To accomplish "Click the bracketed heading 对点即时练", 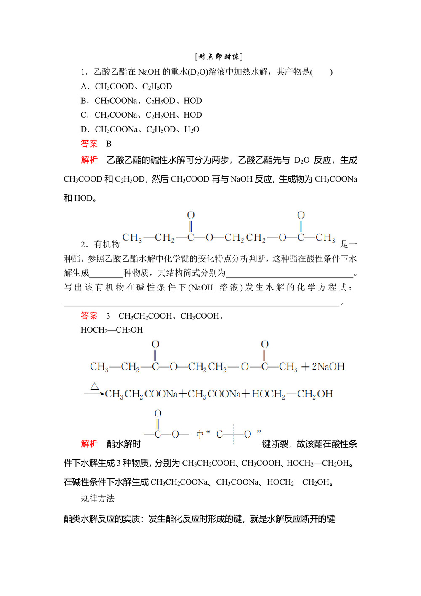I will click(219, 56).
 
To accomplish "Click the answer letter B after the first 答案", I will click(109, 144).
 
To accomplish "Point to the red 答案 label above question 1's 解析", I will click(89, 144).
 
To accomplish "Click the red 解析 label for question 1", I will click(89, 160).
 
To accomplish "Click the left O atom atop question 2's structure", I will click(191, 215).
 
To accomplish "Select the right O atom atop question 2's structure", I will click(301, 215).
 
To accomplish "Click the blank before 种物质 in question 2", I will click(106, 273).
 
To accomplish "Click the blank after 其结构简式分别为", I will click(290, 273).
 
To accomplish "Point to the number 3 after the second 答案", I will click(108, 316).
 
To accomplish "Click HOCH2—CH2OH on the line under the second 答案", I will click(112, 330).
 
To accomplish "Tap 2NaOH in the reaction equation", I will click(328, 367).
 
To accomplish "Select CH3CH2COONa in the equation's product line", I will click(141, 394).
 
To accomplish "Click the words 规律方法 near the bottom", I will click(98, 499).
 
